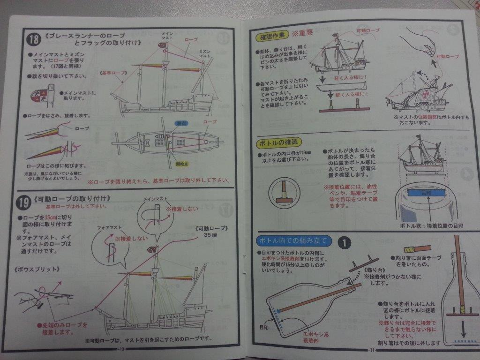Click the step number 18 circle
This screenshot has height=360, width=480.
click(32, 38)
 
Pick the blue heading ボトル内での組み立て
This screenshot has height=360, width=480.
click(294, 241)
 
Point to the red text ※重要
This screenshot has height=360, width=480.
click(302, 34)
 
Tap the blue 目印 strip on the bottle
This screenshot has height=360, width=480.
click(423, 192)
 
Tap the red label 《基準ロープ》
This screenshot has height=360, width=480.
click(112, 74)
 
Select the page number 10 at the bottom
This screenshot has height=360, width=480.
click(122, 349)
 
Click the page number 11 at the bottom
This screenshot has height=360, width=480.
click(373, 350)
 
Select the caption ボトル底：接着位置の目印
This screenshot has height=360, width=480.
click(427, 226)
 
